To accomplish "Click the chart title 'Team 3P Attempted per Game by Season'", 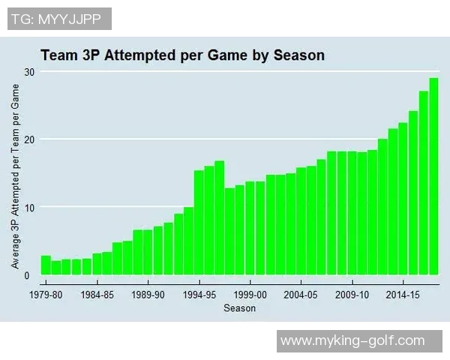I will click(181, 55).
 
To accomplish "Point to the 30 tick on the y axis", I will click(28, 71).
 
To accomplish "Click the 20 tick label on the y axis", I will click(28, 139).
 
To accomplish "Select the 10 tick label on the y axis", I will click(28, 207).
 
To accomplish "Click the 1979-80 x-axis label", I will click(46, 295).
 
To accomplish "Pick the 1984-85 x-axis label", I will click(97, 295).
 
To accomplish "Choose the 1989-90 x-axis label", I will click(148, 295).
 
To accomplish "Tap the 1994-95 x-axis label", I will click(199, 295).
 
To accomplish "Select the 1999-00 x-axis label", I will click(250, 295).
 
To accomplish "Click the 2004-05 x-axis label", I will click(301, 295).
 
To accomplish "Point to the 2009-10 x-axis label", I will click(352, 295).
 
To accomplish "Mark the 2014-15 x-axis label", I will click(403, 295).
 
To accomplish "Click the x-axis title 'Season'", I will click(239, 308).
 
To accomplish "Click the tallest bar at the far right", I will click(433, 176).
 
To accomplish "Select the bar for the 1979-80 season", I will click(46, 265).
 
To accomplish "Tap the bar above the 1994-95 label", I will click(199, 223).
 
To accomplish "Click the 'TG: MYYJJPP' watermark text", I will click(60, 19).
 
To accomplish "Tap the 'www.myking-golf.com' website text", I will click(363, 341).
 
